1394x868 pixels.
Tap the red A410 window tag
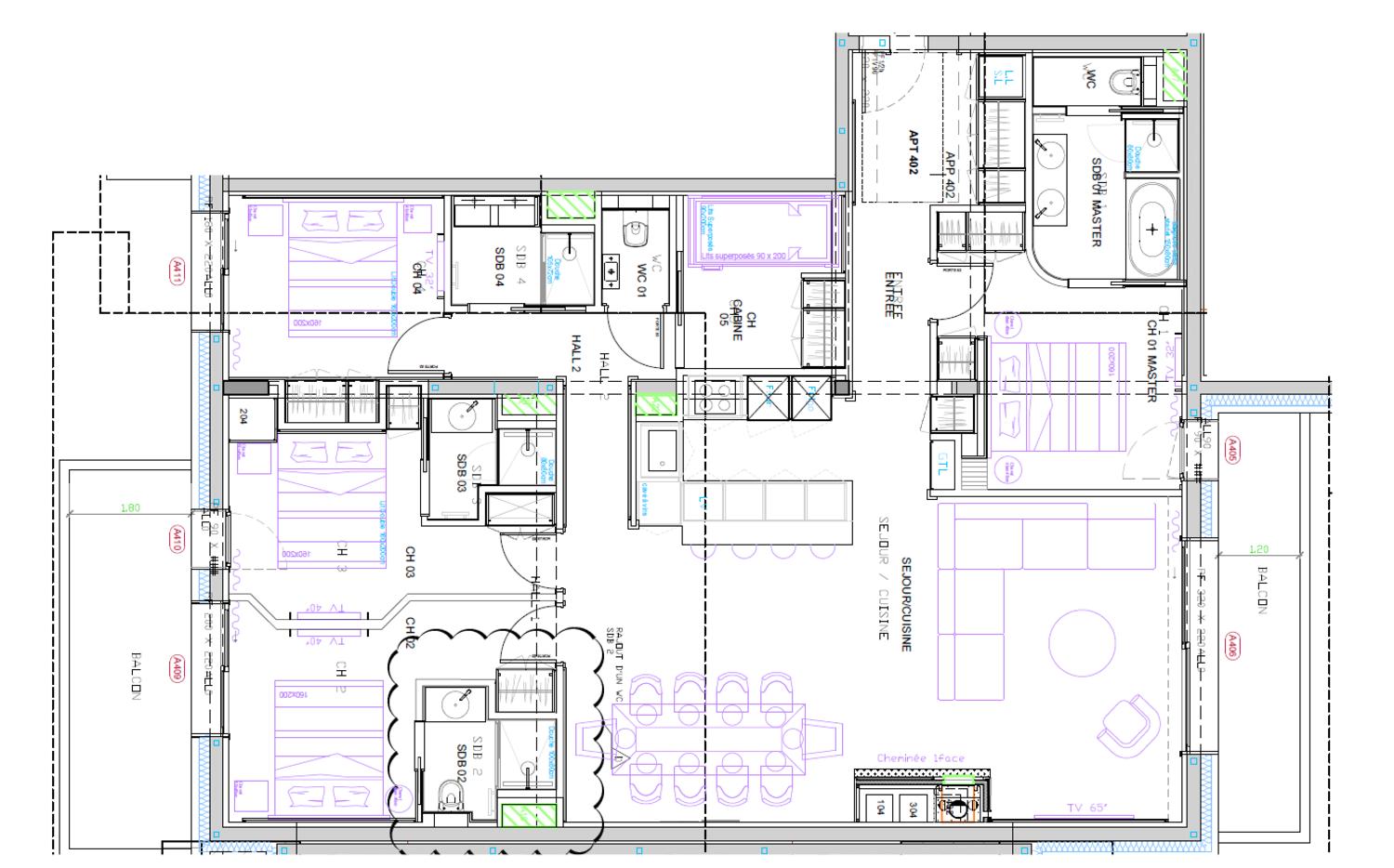point(176,539)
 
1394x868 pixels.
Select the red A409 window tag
point(176,669)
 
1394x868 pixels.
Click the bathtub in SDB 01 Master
point(1152,229)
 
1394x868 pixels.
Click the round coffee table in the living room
point(1083,642)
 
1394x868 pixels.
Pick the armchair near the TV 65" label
point(1126,725)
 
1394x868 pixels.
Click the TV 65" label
point(1086,808)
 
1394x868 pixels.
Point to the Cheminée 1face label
point(921,758)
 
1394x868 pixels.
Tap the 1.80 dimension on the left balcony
point(130,507)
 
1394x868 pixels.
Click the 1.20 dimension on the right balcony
point(1259,549)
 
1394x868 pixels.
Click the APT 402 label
point(913,153)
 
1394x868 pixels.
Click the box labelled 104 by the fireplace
point(879,807)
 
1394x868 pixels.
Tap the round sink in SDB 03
point(464,415)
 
